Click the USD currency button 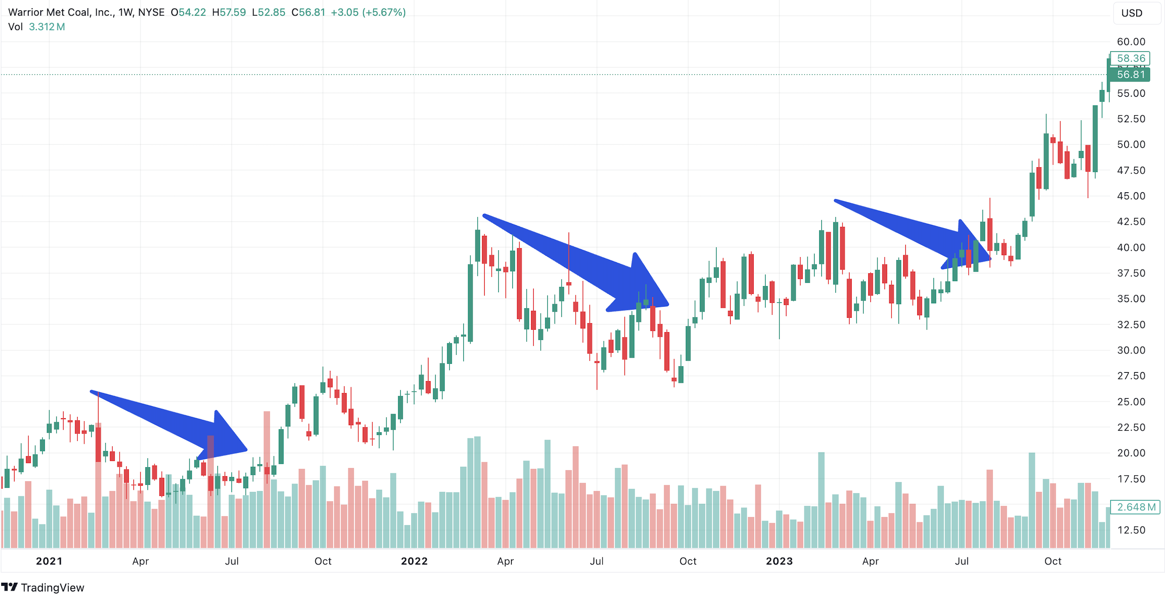click(x=1132, y=13)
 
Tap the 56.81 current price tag click(x=1131, y=74)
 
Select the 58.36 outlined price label click(x=1131, y=58)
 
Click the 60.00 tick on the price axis click(x=1131, y=42)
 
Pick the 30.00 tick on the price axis click(x=1131, y=350)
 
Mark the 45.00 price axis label click(x=1131, y=196)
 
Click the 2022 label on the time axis click(x=414, y=561)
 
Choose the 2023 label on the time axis click(x=779, y=561)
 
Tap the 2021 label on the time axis click(x=49, y=561)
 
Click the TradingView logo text click(x=52, y=587)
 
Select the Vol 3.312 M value click(x=47, y=27)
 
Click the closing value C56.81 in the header click(x=308, y=12)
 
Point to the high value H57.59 click(x=229, y=12)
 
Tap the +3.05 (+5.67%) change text click(x=368, y=12)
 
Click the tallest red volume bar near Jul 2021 click(x=267, y=480)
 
